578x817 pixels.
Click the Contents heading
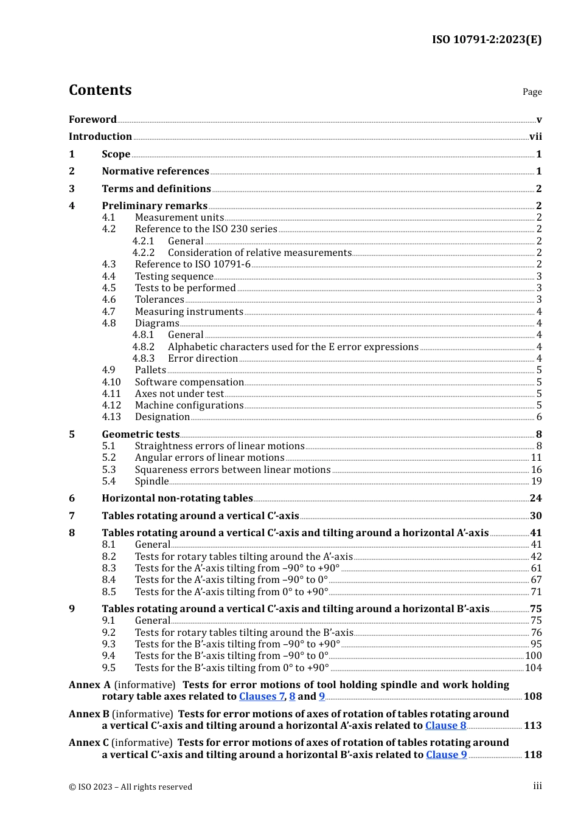[x=100, y=90]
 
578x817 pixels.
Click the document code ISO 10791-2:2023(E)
[x=486, y=40]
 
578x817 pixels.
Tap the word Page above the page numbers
[x=532, y=92]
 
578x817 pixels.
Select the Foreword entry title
[x=92, y=120]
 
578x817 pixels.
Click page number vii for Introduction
[x=535, y=137]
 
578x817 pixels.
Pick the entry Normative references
[x=155, y=171]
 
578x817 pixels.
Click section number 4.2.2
[x=144, y=253]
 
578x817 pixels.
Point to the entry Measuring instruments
[x=189, y=312]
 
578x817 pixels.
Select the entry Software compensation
[x=189, y=382]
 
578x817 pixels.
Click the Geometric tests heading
[x=141, y=435]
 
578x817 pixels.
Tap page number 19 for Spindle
[x=536, y=481]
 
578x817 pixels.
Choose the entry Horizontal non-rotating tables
[x=177, y=498]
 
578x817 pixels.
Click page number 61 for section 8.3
[x=536, y=568]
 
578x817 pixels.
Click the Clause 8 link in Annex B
[x=445, y=726]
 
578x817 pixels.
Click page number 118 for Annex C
[x=532, y=755]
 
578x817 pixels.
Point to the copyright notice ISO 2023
[x=130, y=787]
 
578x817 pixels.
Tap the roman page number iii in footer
[x=537, y=786]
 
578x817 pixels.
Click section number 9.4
[x=109, y=656]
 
